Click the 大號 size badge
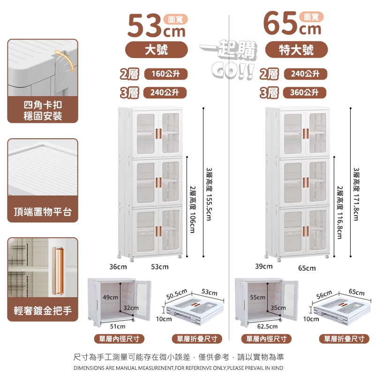[x=157, y=50]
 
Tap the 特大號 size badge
[x=296, y=50]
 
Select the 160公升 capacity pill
[x=166, y=74]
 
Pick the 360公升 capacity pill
[x=304, y=92]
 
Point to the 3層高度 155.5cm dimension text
[x=209, y=194]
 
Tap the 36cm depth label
[x=118, y=267]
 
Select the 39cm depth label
[x=264, y=266]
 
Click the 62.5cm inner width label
[x=267, y=326]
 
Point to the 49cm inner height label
[x=111, y=297]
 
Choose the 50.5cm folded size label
[x=177, y=294]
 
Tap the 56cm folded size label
[x=324, y=295]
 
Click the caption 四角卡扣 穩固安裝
[x=43, y=111]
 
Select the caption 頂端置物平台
[x=43, y=212]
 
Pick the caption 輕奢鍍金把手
[x=43, y=311]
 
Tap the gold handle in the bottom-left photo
[x=58, y=271]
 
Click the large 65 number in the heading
[x=281, y=23]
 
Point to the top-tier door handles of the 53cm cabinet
[x=158, y=134]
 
